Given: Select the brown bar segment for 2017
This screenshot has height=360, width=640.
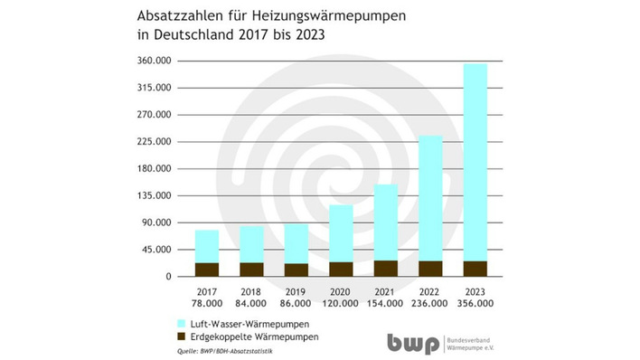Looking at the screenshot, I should click(207, 269).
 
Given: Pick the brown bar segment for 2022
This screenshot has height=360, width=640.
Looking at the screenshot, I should click(430, 268).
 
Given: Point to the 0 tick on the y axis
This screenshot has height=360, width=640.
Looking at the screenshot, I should click(168, 277).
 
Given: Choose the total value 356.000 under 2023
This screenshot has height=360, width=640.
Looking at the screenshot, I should click(475, 303).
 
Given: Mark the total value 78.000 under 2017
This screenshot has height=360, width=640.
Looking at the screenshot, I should click(207, 303).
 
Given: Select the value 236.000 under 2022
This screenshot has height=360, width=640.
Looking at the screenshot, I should click(430, 303).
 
